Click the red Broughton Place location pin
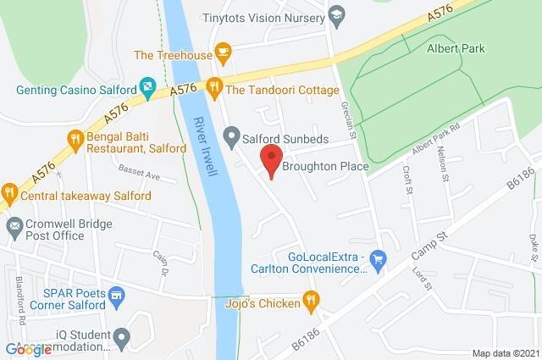pyautogui.click(x=270, y=160)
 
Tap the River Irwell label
pyautogui.click(x=206, y=145)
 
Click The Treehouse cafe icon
pyautogui.click(x=224, y=53)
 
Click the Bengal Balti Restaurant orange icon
pyautogui.click(x=75, y=138)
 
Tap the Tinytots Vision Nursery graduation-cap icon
pyautogui.click(x=335, y=15)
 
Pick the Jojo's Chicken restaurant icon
pyautogui.click(x=312, y=300)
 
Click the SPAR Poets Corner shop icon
pyautogui.click(x=117, y=297)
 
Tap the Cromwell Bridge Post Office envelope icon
pyautogui.click(x=14, y=227)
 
